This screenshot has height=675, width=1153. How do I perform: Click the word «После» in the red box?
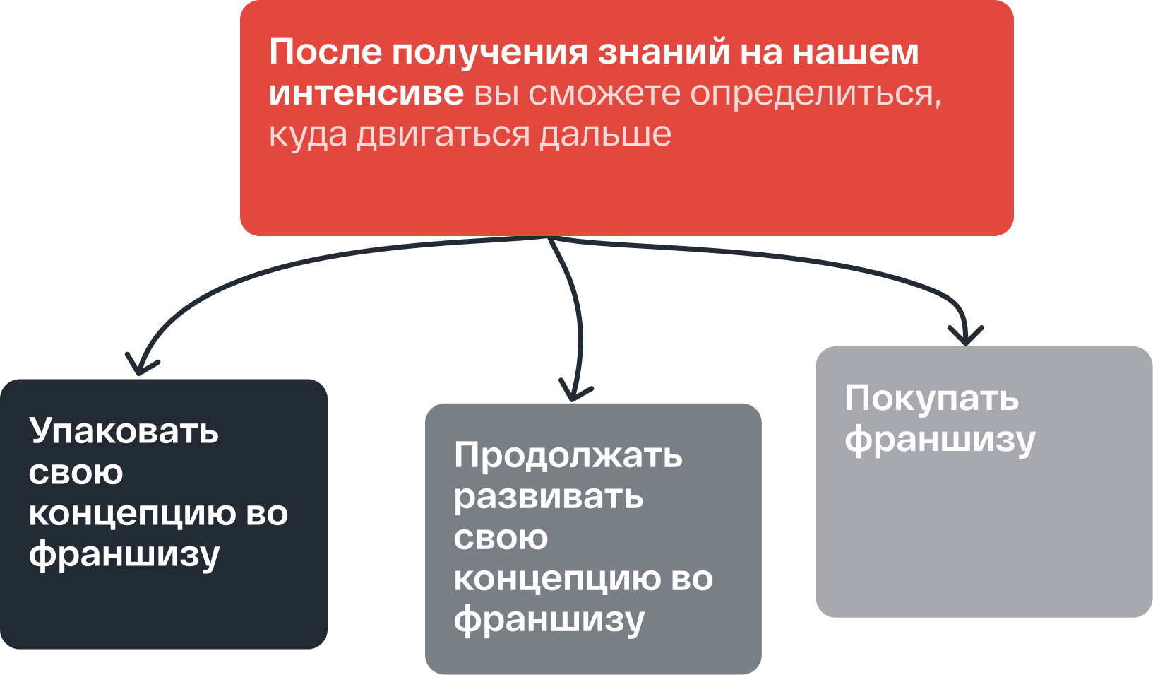pyautogui.click(x=325, y=52)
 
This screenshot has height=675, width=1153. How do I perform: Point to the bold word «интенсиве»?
pyautogui.click(x=366, y=93)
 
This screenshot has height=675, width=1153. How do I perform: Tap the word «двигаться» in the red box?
pyautogui.click(x=443, y=135)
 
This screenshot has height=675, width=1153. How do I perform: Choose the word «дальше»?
pyautogui.click(x=605, y=135)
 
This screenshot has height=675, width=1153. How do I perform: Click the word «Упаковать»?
pyautogui.click(x=124, y=431)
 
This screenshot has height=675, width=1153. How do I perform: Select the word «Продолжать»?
pyautogui.click(x=568, y=456)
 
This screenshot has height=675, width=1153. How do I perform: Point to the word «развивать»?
pyautogui.click(x=548, y=497)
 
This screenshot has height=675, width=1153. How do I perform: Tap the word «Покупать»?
pyautogui.click(x=932, y=399)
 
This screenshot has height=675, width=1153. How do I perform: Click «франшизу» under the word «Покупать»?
pyautogui.click(x=940, y=440)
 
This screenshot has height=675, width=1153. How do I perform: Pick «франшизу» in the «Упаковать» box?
pyautogui.click(x=124, y=556)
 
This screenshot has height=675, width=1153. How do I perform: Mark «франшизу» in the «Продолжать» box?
pyautogui.click(x=549, y=621)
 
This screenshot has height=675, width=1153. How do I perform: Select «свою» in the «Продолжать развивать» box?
pyautogui.click(x=501, y=538)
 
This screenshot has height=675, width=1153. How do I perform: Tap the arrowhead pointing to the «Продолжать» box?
pyautogui.click(x=575, y=391)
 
